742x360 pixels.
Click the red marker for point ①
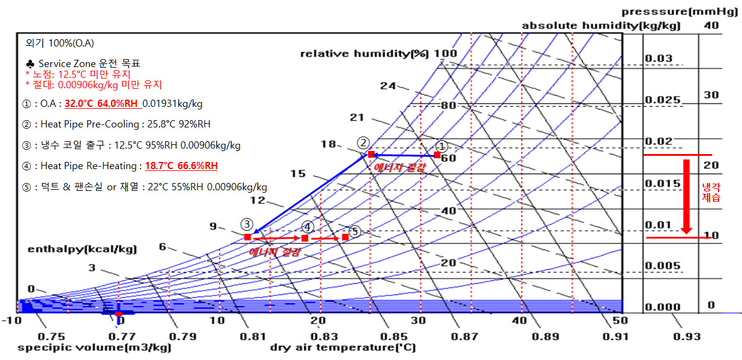437,155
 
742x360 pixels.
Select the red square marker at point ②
371,155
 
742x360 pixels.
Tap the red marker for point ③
248,237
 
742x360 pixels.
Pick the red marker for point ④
305,238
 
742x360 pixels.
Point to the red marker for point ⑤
345,237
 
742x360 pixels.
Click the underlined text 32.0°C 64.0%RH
101,104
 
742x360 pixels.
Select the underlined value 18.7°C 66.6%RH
182,166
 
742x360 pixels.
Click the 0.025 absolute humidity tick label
662,100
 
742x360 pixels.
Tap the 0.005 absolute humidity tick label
662,266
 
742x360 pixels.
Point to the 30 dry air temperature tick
418,321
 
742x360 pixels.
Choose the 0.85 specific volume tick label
394,336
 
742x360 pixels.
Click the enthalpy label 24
388,86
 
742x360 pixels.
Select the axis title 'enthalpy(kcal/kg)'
82,249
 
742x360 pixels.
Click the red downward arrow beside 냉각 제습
686,197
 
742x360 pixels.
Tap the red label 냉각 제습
711,192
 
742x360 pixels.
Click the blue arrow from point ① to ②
405,155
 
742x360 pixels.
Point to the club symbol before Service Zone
30,63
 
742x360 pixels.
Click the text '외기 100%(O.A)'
60,43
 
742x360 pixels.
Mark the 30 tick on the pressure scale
711,95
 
